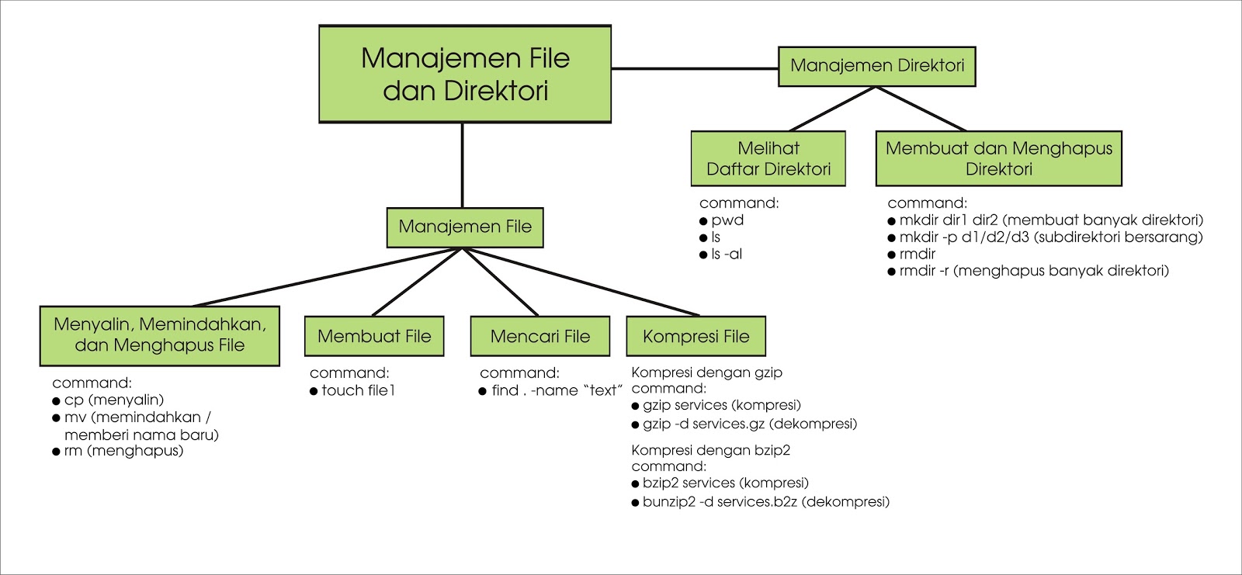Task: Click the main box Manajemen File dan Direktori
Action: (465, 74)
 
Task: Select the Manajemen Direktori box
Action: (876, 66)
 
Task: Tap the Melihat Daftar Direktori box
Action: (768, 158)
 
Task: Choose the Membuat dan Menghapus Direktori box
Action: (998, 158)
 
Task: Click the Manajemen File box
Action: (465, 227)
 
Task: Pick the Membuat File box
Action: (374, 336)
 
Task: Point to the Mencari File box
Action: (539, 336)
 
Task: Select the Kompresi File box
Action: (696, 336)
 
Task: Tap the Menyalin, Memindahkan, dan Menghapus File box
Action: (159, 335)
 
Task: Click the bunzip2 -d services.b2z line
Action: (765, 502)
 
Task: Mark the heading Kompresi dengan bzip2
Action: (710, 450)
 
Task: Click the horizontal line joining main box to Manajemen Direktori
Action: (695, 68)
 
